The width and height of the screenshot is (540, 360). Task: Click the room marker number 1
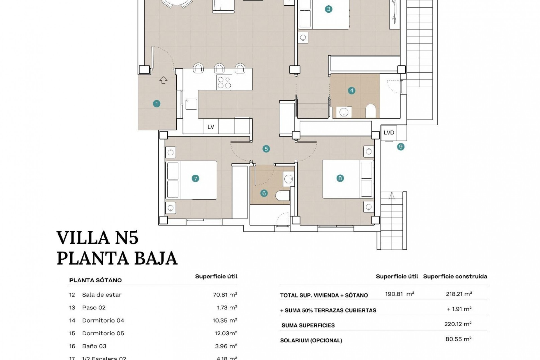pyautogui.click(x=157, y=104)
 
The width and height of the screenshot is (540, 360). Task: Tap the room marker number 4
pyautogui.click(x=351, y=91)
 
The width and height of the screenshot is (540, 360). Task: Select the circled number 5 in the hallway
pyautogui.click(x=266, y=149)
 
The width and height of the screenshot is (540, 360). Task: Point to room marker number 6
pyautogui.click(x=264, y=193)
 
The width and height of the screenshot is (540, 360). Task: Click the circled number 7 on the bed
pyautogui.click(x=195, y=178)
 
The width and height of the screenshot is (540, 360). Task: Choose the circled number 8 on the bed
pyautogui.click(x=340, y=178)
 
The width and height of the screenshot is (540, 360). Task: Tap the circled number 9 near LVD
pyautogui.click(x=401, y=147)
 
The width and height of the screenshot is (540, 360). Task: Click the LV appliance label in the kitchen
pyautogui.click(x=211, y=127)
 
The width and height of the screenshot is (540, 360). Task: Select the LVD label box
pyautogui.click(x=389, y=132)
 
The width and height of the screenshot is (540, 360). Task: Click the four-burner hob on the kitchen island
pyautogui.click(x=224, y=82)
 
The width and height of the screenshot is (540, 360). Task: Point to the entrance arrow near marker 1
pyautogui.click(x=163, y=80)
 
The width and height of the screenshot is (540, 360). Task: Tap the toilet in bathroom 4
pyautogui.click(x=371, y=111)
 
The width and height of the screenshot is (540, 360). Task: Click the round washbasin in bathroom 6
pyautogui.click(x=288, y=179)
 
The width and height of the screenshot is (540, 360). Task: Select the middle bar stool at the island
pyautogui.click(x=219, y=68)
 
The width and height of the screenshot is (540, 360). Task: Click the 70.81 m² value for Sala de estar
pyautogui.click(x=225, y=295)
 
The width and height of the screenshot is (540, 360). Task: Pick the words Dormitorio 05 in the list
pyautogui.click(x=103, y=333)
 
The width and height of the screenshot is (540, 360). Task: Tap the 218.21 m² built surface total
pyautogui.click(x=459, y=294)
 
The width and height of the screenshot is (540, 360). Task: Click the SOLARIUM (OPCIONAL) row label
pyautogui.click(x=311, y=341)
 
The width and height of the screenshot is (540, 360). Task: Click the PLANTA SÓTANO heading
pyautogui.click(x=95, y=280)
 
